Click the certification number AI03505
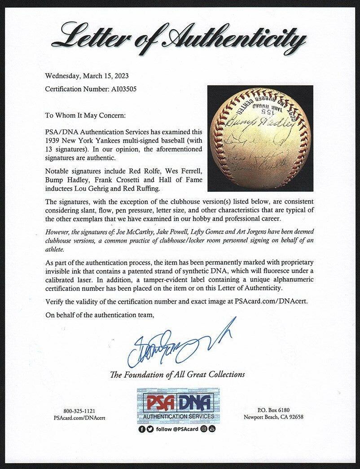[121, 89]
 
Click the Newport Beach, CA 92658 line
[273, 416]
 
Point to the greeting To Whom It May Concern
[86, 115]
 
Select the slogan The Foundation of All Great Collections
[178, 374]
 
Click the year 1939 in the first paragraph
[53, 140]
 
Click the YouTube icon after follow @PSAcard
[212, 429]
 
